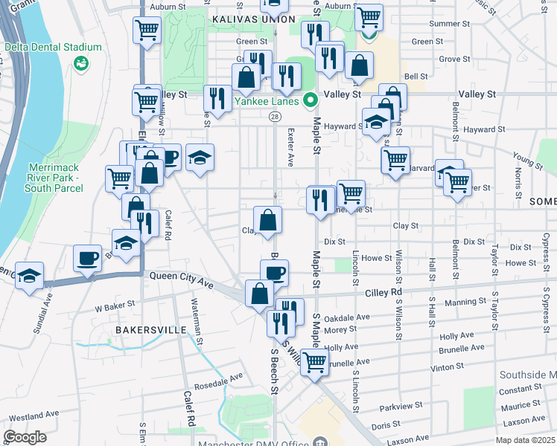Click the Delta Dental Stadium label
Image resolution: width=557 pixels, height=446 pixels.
point(42,46)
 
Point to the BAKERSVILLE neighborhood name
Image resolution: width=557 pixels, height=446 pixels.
point(145,328)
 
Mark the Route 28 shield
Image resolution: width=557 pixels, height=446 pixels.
point(275,117)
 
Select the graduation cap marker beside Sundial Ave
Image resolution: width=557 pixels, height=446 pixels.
point(29,276)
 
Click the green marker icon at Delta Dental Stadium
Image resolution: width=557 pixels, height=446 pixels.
point(80,64)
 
